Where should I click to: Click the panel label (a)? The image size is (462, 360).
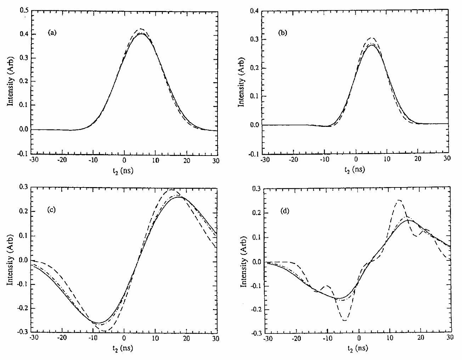(x=52, y=33)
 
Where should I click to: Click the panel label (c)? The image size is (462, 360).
(x=52, y=210)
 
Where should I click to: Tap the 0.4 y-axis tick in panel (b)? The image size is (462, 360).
(x=253, y=11)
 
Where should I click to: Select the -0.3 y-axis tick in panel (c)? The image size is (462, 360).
(x=23, y=332)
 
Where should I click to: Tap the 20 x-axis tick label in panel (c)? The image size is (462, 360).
(x=186, y=339)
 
